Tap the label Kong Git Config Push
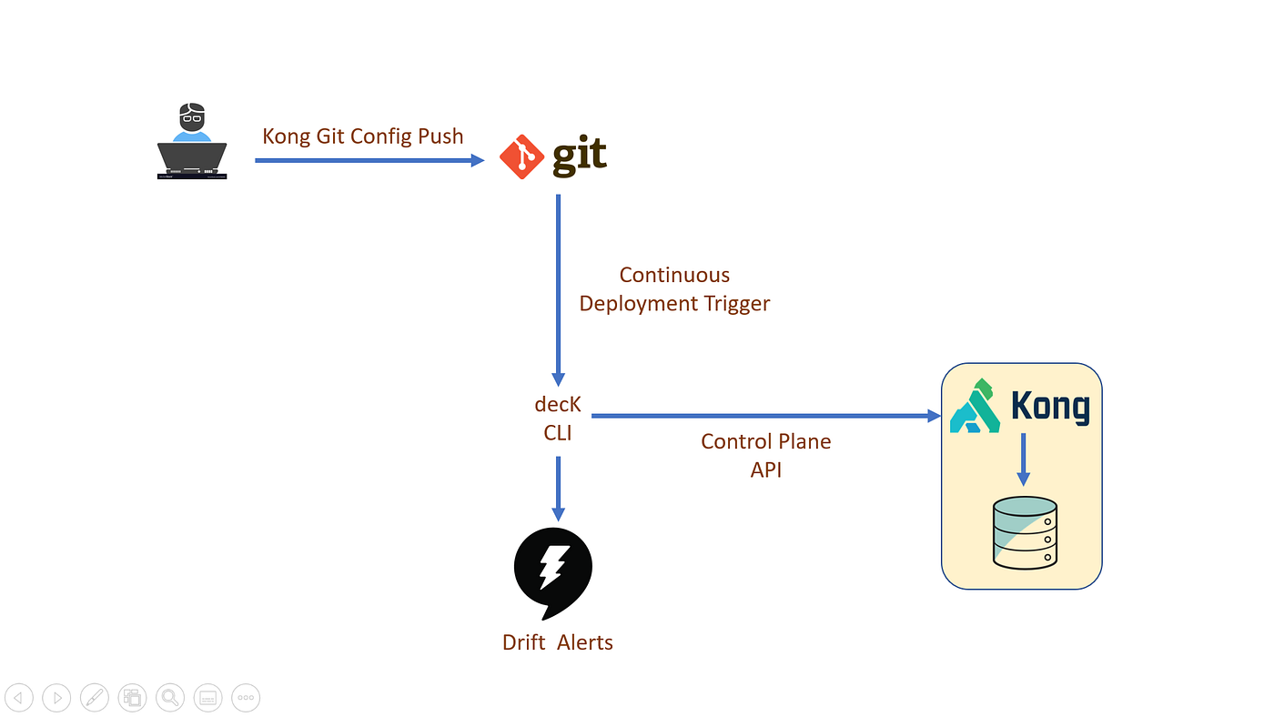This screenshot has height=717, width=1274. [x=362, y=136]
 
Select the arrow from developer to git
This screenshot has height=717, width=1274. [x=369, y=160]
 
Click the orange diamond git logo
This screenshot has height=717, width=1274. [x=521, y=157]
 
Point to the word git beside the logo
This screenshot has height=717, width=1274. [x=580, y=155]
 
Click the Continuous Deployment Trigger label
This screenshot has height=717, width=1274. [x=674, y=289]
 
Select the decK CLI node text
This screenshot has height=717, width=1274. [x=558, y=419]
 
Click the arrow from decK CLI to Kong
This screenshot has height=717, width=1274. [x=764, y=416]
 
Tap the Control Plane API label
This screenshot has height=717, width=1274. [x=765, y=455]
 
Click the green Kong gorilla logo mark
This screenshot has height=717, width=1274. [x=975, y=406]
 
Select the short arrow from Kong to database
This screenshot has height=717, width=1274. [x=1024, y=459]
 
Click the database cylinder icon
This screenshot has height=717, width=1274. [x=1025, y=533]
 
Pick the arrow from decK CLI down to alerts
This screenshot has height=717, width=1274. [x=558, y=488]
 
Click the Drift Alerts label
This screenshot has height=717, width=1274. [x=558, y=642]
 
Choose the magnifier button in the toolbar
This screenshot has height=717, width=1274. [x=169, y=698]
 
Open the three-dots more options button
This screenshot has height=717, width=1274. [x=246, y=698]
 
